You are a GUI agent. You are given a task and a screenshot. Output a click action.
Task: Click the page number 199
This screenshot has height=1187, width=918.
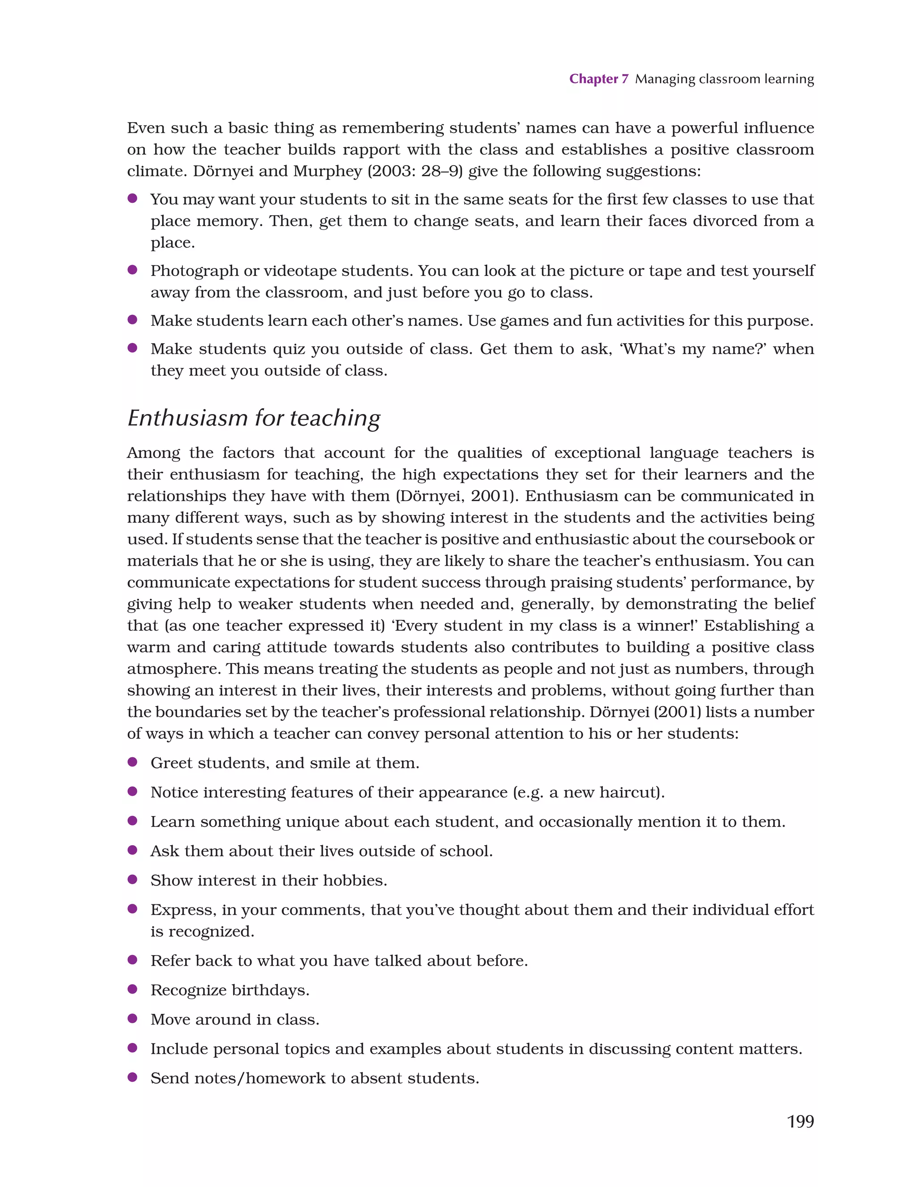click(800, 1122)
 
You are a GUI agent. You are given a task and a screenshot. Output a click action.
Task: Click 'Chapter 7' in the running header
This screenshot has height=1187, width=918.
click(598, 79)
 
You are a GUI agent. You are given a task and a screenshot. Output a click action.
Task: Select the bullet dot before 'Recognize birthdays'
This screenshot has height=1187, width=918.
click(132, 989)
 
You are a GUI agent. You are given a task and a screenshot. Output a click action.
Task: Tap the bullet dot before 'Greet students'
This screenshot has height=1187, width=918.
click(132, 762)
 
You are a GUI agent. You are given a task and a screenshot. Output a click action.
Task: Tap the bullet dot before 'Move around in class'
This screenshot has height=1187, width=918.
click(132, 1018)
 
